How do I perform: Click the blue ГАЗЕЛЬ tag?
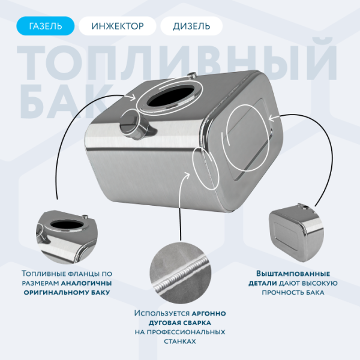46,26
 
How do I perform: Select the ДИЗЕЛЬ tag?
191,26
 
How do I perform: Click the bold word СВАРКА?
206,322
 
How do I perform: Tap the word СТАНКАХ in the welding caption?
179,341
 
